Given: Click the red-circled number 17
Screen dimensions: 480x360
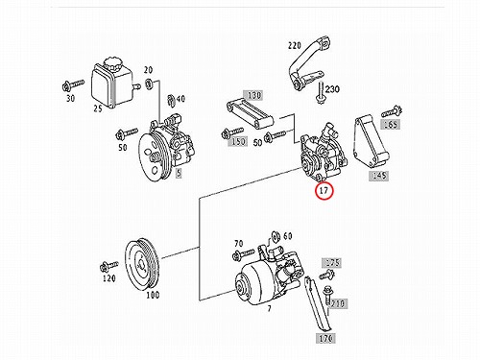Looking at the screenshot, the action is click(324, 190).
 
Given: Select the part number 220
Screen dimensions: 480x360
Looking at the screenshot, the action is click(295, 46).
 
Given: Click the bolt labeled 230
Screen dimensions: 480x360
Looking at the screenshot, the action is click(321, 92).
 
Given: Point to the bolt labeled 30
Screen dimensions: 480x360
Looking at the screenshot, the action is click(72, 85).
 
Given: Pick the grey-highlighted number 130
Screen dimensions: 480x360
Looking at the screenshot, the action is click(254, 95).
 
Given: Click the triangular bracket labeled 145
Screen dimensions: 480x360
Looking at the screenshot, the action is click(372, 141).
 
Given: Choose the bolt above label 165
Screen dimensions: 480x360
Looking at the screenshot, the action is click(392, 111).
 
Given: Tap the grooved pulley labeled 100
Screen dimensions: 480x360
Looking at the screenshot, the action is click(142, 264).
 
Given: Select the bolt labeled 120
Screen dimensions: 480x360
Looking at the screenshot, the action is click(108, 266).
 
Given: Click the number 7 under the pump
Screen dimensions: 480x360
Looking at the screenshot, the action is click(270, 308).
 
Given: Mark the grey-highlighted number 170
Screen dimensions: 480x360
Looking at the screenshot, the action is click(325, 338).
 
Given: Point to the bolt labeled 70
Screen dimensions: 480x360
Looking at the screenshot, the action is click(244, 254).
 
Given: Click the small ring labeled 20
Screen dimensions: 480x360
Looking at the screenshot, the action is click(149, 84).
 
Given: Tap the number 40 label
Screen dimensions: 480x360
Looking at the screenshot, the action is click(181, 98).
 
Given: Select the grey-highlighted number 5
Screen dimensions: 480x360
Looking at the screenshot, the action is click(179, 173).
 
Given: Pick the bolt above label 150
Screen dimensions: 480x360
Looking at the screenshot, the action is click(232, 132).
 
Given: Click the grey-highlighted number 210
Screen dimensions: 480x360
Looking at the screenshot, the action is click(338, 303).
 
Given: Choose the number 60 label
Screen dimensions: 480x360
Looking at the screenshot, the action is click(288, 236).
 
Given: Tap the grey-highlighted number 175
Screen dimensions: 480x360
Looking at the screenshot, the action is click(331, 263).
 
